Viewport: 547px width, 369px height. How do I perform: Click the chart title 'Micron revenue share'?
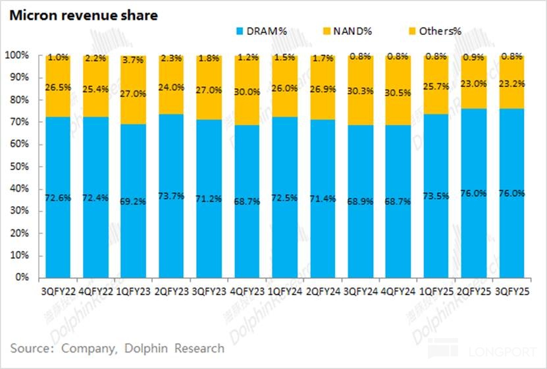[x=83, y=15]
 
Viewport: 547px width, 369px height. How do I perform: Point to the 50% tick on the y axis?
[x=20, y=166]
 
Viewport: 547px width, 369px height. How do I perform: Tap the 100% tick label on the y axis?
[x=17, y=55]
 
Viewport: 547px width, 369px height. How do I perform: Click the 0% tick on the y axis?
[x=22, y=277]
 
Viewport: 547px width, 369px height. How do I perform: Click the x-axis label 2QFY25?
[x=474, y=290]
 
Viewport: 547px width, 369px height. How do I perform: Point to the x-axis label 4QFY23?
[x=247, y=290]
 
